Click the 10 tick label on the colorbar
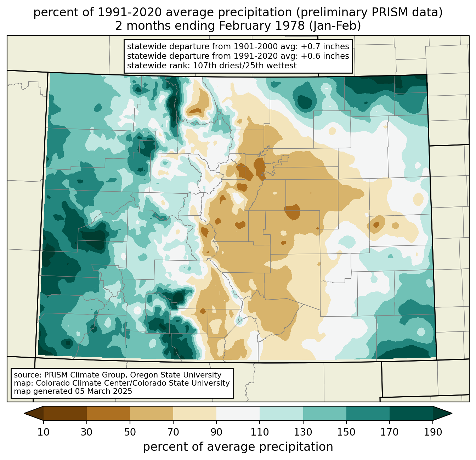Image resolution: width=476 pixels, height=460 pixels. pos(44,432)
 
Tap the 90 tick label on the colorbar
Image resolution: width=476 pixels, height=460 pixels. pos(216,432)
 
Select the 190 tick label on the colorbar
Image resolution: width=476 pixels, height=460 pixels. pos(433,432)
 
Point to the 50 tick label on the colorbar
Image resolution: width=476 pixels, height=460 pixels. pos(130,432)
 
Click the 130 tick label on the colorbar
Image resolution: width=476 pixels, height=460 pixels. pos(303,432)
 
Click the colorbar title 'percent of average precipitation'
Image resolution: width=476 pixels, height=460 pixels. pos(238,447)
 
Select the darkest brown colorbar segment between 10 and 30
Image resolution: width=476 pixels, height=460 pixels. pos(65,413)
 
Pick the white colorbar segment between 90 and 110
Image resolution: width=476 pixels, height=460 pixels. pos(238,413)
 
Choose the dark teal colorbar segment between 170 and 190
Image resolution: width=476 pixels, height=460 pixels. pos(411,413)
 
